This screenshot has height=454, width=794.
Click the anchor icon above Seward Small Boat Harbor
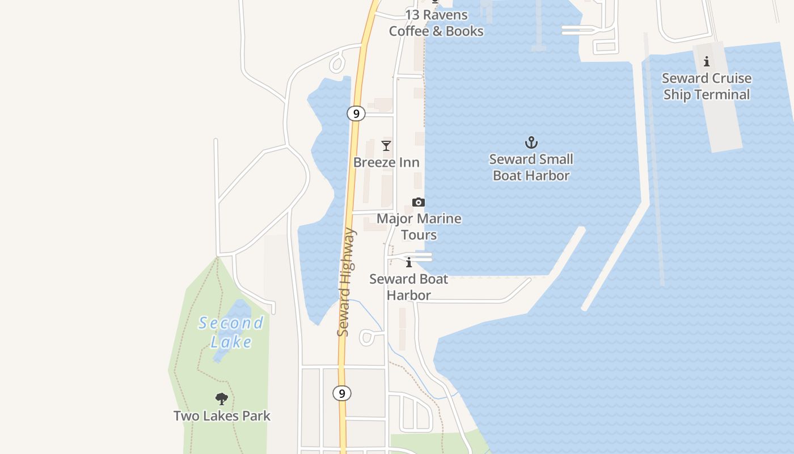(531, 142)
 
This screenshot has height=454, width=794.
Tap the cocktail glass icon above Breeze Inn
(386, 146)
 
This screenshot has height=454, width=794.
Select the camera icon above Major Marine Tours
(419, 203)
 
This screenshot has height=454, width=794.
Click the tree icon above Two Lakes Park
(222, 399)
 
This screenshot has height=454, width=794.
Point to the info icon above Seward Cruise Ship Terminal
(707, 62)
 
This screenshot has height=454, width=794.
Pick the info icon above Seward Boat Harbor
(409, 262)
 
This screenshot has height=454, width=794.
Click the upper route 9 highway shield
(356, 114)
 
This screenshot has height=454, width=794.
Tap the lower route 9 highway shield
(341, 393)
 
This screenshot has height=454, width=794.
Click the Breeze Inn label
(386, 162)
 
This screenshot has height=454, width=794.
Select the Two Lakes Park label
(222, 416)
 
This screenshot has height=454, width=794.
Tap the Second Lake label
(231, 332)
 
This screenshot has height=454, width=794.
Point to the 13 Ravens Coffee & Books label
(436, 23)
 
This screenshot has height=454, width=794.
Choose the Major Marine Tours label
(419, 226)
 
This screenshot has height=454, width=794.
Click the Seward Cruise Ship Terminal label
(707, 86)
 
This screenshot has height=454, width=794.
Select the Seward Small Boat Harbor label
(531, 167)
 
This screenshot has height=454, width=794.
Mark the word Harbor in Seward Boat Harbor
(409, 295)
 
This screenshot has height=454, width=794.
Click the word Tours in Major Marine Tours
(419, 235)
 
